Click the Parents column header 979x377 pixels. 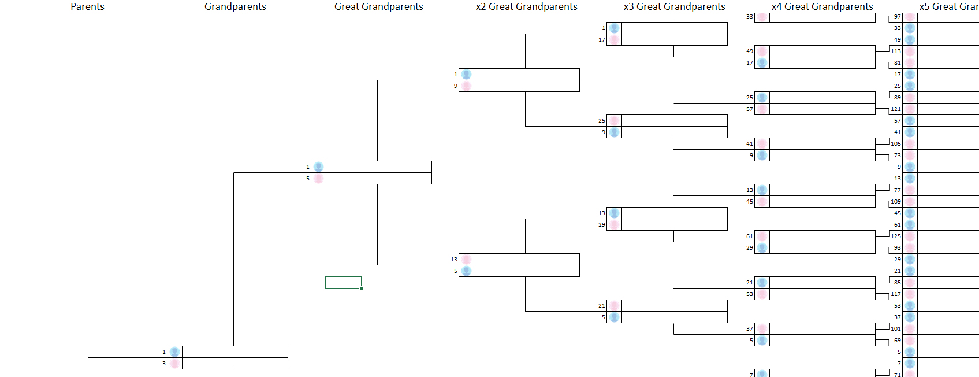click(x=87, y=6)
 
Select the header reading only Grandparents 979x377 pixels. click(x=235, y=6)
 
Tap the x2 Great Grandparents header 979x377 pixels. click(x=526, y=6)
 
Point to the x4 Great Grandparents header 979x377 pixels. click(x=822, y=6)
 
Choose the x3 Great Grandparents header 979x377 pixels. click(x=674, y=6)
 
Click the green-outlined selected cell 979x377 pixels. click(x=344, y=282)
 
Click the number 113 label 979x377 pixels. click(x=895, y=51)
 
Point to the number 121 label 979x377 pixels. click(x=895, y=109)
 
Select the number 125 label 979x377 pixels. click(x=895, y=236)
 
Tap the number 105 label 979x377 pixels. click(x=895, y=144)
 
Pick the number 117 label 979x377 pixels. click(x=895, y=294)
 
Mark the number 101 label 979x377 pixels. click(x=895, y=329)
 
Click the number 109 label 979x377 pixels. click(x=895, y=202)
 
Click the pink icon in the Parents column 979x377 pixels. click(x=174, y=364)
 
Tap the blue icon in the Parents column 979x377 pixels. click(x=174, y=352)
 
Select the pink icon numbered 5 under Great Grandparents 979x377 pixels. click(x=318, y=179)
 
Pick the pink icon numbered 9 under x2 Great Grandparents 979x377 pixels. click(x=466, y=86)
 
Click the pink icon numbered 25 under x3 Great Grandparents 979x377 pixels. click(x=614, y=121)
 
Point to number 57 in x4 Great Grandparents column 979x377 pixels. click(x=750, y=109)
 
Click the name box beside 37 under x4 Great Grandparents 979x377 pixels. click(x=822, y=329)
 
